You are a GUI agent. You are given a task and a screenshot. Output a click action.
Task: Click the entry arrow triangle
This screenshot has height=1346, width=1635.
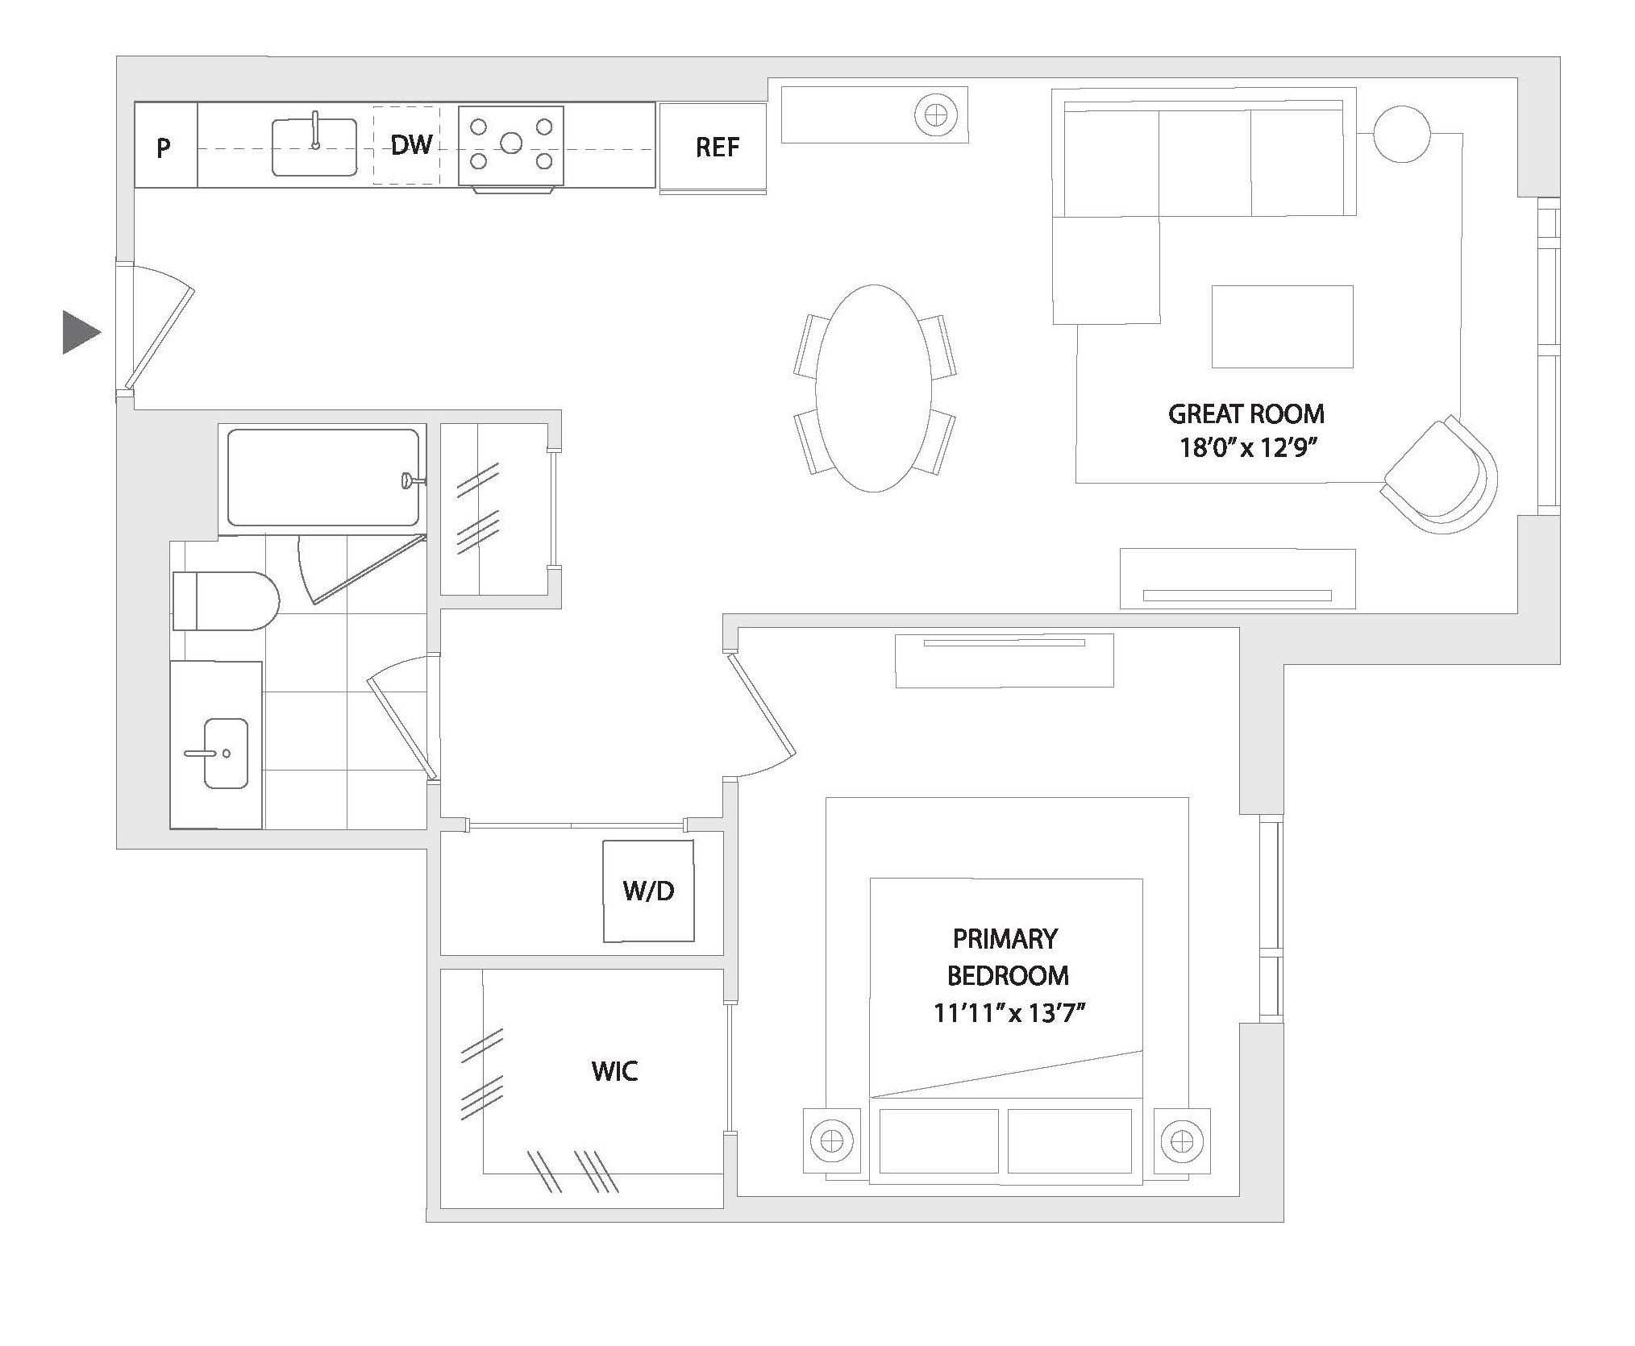click(x=79, y=332)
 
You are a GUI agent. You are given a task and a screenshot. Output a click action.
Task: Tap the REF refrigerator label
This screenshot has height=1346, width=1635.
click(x=717, y=147)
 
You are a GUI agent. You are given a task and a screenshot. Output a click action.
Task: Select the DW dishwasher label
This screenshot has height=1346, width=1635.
click(x=410, y=145)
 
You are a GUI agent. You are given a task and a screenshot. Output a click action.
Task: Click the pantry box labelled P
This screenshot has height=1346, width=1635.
click(x=164, y=147)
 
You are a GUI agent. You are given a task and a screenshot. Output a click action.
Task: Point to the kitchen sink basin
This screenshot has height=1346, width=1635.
click(x=314, y=148)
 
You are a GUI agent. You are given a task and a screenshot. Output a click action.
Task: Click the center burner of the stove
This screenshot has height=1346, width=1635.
click(x=510, y=144)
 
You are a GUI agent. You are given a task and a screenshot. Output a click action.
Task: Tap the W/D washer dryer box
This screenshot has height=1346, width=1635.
click(x=648, y=891)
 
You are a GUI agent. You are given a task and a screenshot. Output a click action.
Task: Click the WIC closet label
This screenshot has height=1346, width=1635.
click(x=614, y=1071)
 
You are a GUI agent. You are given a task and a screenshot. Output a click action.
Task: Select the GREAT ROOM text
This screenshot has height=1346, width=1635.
click(x=1246, y=414)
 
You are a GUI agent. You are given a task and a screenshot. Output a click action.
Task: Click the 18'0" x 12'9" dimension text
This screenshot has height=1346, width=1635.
click(x=1247, y=447)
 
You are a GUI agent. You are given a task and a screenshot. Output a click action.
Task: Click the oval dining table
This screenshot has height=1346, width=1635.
click(x=873, y=388)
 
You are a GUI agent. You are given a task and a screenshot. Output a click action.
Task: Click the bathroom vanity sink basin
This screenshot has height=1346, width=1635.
click(x=225, y=754)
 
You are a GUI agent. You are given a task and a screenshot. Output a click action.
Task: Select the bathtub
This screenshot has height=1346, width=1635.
click(x=322, y=478)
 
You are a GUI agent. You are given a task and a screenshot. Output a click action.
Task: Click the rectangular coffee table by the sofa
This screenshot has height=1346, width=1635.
click(x=1282, y=326)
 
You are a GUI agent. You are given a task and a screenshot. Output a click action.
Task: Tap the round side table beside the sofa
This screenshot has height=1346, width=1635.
click(x=1401, y=134)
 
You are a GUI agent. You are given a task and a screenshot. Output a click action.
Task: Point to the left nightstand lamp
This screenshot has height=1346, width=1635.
click(x=830, y=1141)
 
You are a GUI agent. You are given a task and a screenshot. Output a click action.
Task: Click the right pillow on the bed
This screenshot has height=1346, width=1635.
click(x=1069, y=1141)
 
